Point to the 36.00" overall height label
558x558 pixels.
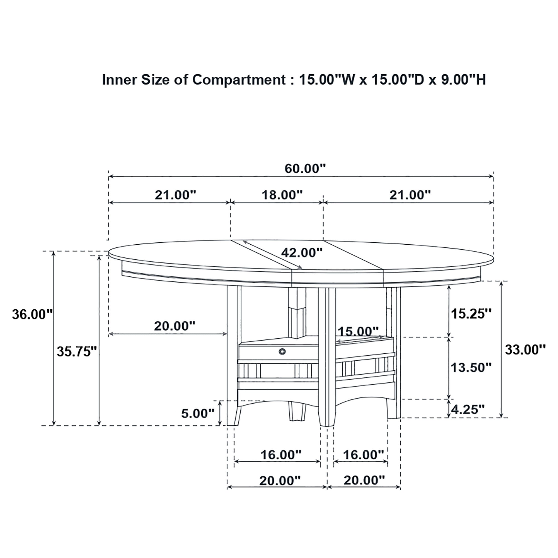(x=32, y=314)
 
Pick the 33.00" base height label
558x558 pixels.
(x=525, y=350)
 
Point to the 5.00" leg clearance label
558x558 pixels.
(x=198, y=414)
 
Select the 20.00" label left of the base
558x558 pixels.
(x=175, y=326)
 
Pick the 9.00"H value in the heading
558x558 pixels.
(x=463, y=80)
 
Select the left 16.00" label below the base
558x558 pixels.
(x=281, y=455)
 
